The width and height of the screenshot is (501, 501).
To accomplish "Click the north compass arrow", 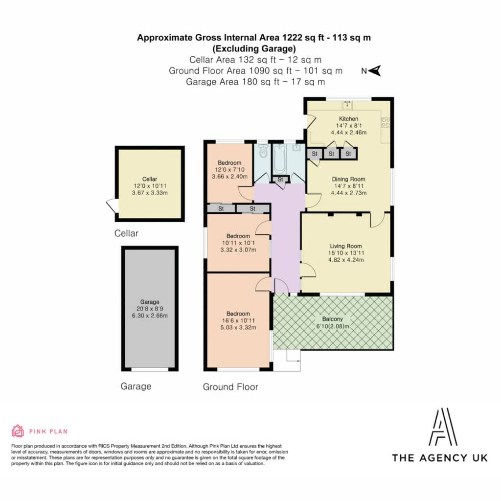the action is click(x=374, y=70).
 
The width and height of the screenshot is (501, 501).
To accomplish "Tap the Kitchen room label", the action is click(x=348, y=118).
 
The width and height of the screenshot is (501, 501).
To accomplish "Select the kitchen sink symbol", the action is click(x=347, y=105).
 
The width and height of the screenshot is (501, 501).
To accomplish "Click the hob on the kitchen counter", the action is click(x=386, y=122).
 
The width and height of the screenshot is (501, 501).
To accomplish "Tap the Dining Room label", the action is click(x=348, y=179).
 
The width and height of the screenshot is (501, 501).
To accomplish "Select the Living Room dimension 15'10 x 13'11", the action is click(x=346, y=253).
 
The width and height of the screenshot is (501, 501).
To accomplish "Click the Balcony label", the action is click(x=333, y=319).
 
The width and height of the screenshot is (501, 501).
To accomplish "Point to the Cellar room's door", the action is click(x=112, y=206).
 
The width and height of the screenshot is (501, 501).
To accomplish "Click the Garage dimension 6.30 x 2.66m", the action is click(x=150, y=316).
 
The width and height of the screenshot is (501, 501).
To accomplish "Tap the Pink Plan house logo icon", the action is click(x=18, y=431).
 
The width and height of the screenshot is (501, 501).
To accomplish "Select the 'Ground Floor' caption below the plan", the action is click(x=230, y=387).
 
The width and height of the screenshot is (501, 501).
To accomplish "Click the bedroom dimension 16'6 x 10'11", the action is click(x=238, y=320).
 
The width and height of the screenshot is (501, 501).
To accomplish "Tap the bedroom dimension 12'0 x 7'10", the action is click(x=230, y=170).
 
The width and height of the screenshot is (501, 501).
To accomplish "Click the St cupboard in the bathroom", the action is click(x=280, y=179).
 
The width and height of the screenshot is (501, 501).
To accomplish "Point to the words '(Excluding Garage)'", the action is click(x=254, y=48).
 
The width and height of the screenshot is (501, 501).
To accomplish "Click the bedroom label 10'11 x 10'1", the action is click(x=238, y=243).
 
